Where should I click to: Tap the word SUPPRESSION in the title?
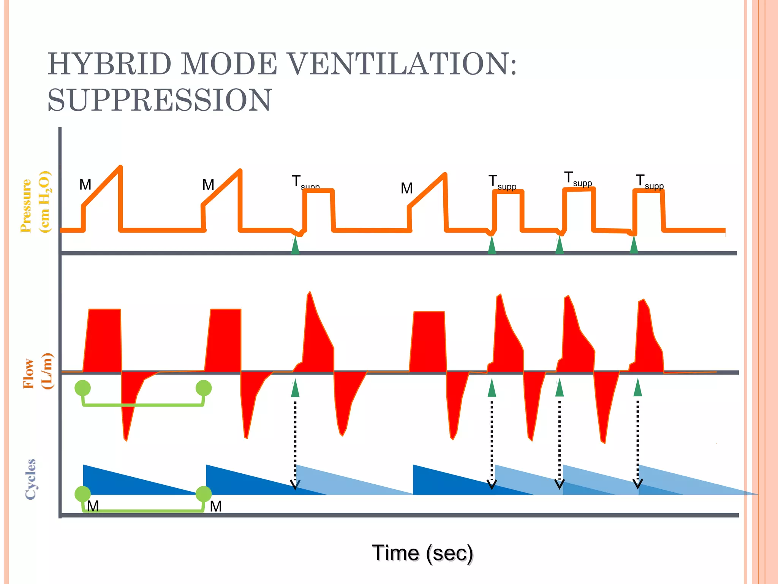[160, 100]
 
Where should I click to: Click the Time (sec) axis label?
[422, 553]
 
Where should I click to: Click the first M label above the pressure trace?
[85, 185]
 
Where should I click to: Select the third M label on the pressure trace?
[406, 188]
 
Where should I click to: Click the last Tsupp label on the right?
[649, 181]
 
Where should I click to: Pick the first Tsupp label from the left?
[305, 182]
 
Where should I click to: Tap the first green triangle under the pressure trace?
[295, 246]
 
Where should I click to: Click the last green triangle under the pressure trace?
[634, 246]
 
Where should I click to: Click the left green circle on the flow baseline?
[82, 388]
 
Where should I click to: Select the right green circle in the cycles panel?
[204, 494]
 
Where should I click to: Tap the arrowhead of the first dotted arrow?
[295, 485]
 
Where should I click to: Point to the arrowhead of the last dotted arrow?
[638, 484]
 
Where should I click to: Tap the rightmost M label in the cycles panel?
[216, 506]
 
